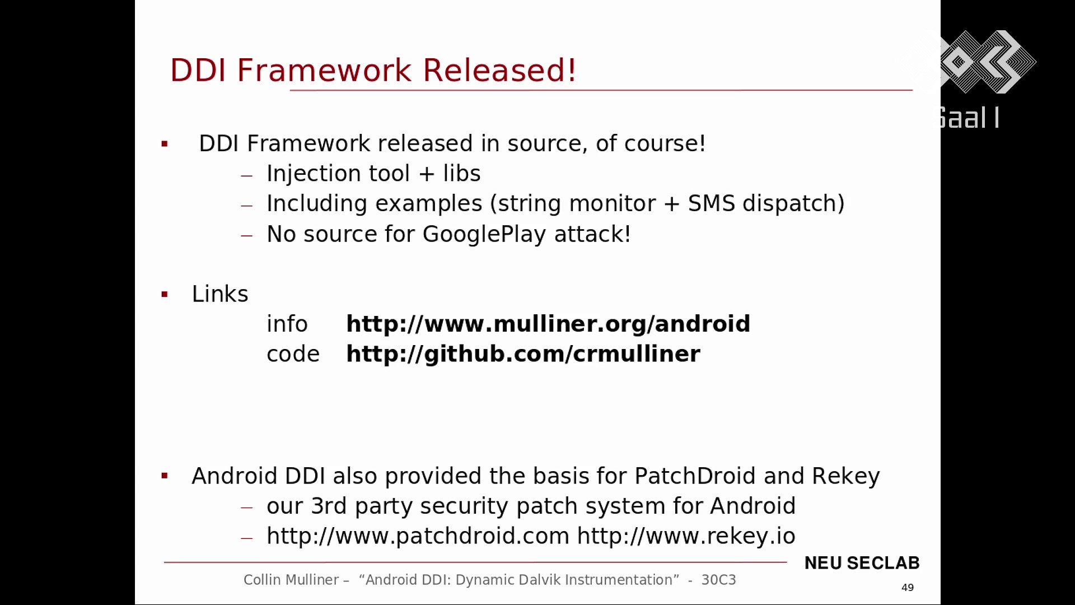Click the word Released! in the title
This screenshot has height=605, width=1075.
coord(499,70)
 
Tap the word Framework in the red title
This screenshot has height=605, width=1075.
coord(324,70)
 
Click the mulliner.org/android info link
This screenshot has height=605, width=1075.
coord(548,324)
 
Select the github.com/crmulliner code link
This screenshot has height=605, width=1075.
coord(523,354)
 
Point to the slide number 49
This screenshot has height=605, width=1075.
coord(908,588)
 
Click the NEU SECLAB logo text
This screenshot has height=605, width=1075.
coord(862,563)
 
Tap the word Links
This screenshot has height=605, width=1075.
coord(220,294)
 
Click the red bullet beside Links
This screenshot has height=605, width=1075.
coord(165,295)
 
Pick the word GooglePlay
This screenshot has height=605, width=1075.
coord(484,234)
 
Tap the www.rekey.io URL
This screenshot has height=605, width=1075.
coord(686,536)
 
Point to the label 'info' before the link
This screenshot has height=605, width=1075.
coord(287,324)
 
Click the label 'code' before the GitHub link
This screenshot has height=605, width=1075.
coord(293,355)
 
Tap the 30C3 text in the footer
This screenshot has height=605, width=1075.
coord(718,580)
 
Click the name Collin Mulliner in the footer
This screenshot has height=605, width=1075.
coord(291,580)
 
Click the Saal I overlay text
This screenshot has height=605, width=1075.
coord(969,118)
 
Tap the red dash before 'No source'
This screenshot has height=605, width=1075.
coord(247,236)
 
